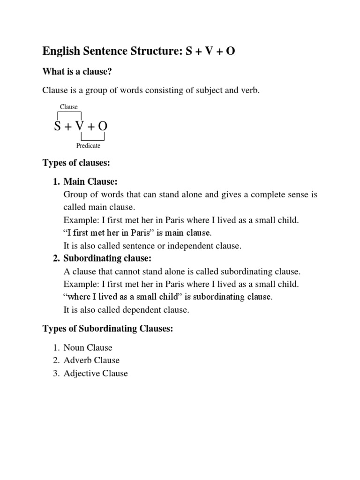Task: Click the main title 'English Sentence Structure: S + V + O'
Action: click(139, 51)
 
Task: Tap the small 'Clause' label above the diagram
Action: click(68, 107)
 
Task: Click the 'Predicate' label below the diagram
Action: click(88, 146)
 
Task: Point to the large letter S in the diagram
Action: click(58, 126)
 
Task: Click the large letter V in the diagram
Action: click(80, 126)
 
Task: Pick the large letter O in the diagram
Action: click(103, 126)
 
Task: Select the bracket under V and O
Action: click(92, 139)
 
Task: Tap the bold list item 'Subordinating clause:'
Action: click(108, 258)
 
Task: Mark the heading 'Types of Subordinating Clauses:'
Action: click(108, 329)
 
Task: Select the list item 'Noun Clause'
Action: click(88, 348)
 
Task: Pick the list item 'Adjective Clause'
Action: click(96, 374)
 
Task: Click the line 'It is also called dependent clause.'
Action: click(126, 310)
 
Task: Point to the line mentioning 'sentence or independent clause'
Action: click(152, 246)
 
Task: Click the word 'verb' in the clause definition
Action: click(249, 90)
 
